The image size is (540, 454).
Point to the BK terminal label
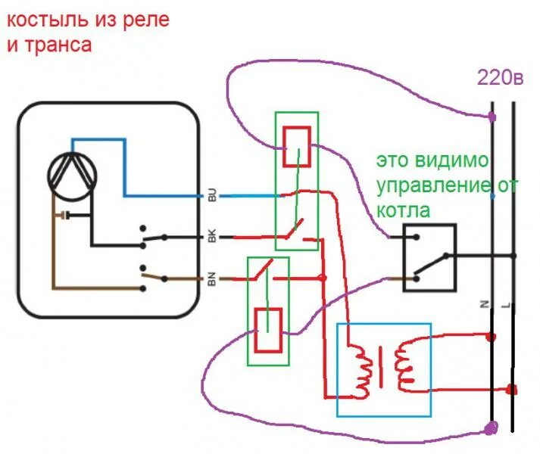(x=211, y=238)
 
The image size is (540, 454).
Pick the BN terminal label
(x=211, y=280)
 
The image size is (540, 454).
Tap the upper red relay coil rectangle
(x=295, y=147)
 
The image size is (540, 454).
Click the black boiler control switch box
(x=429, y=257)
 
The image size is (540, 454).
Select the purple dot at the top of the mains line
(x=492, y=117)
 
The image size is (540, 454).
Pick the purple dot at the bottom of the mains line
(x=491, y=428)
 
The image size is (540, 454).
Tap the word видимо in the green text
(x=452, y=161)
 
